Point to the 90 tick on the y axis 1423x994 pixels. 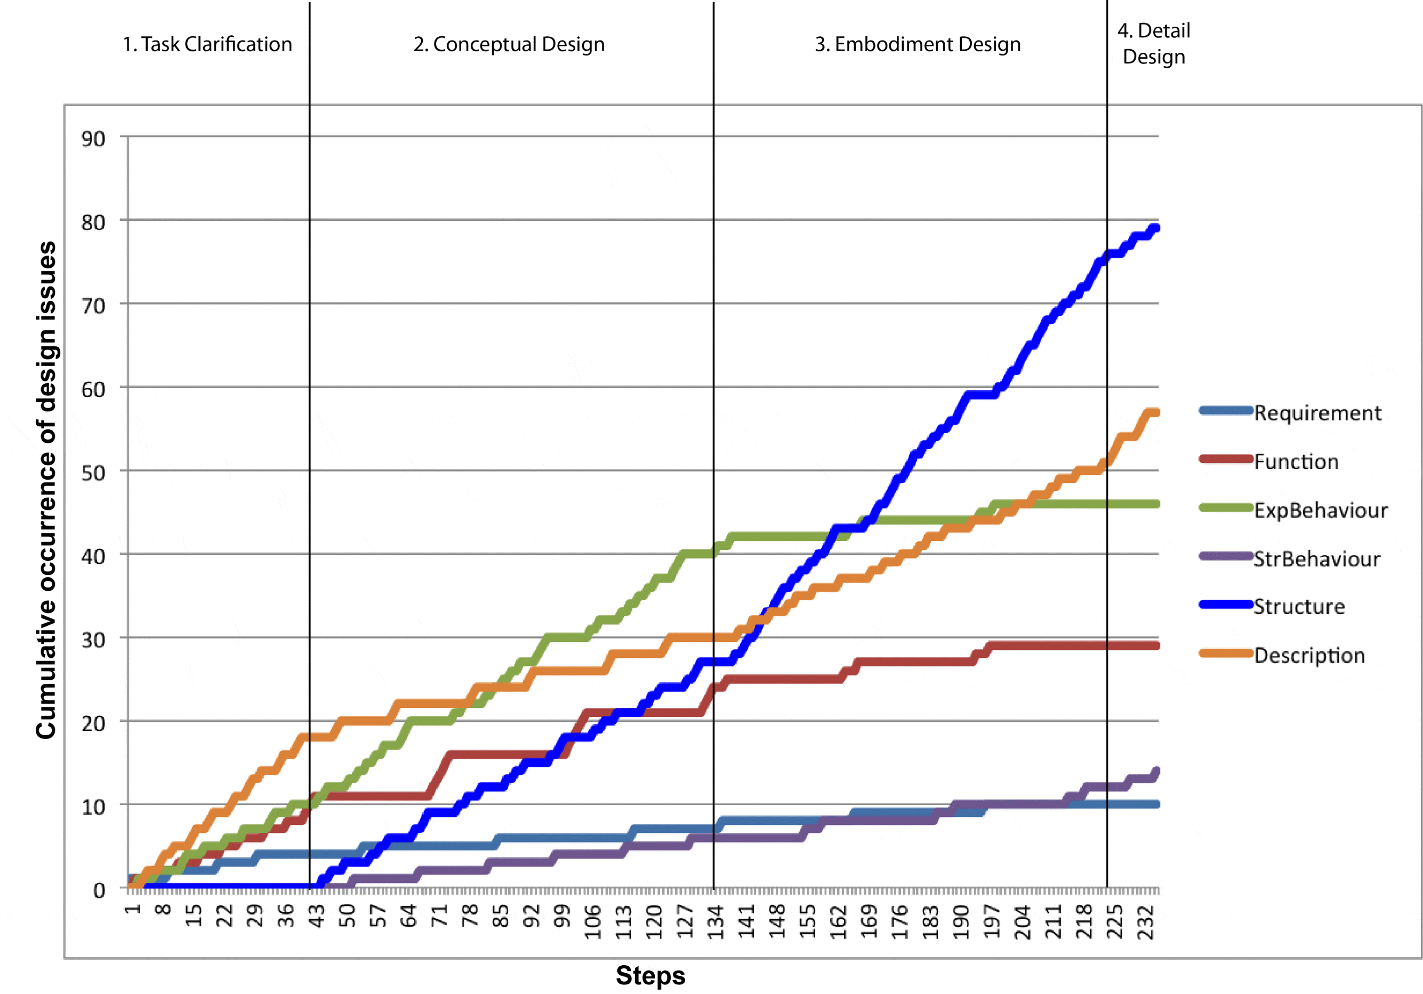[94, 139]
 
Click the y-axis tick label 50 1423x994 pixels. [94, 473]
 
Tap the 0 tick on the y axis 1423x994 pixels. [99, 891]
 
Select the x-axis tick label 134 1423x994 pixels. [716, 922]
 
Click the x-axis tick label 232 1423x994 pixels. [1147, 922]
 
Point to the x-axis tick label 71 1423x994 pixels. [439, 916]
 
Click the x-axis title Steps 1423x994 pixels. [650, 975]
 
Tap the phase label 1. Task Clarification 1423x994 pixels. [207, 45]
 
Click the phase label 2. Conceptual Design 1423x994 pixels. [509, 45]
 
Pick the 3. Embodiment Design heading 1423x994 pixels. [917, 45]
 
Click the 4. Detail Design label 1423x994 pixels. [1153, 43]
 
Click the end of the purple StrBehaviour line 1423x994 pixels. [1156, 772]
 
